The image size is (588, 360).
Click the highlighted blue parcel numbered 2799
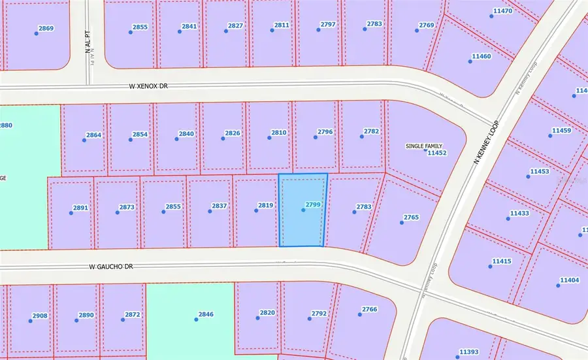tap(302, 209)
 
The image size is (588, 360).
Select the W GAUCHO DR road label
tap(111, 267)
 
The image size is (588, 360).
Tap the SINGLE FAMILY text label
tap(424, 146)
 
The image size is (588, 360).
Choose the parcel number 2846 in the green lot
tap(206, 315)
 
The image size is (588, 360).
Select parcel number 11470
tap(502, 11)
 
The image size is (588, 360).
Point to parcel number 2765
tap(411, 217)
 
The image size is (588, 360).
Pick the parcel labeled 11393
tap(469, 352)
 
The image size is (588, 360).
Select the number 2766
tap(370, 310)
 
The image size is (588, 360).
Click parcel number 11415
tap(502, 261)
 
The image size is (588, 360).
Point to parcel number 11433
tap(519, 214)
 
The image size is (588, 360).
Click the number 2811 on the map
tap(282, 25)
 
